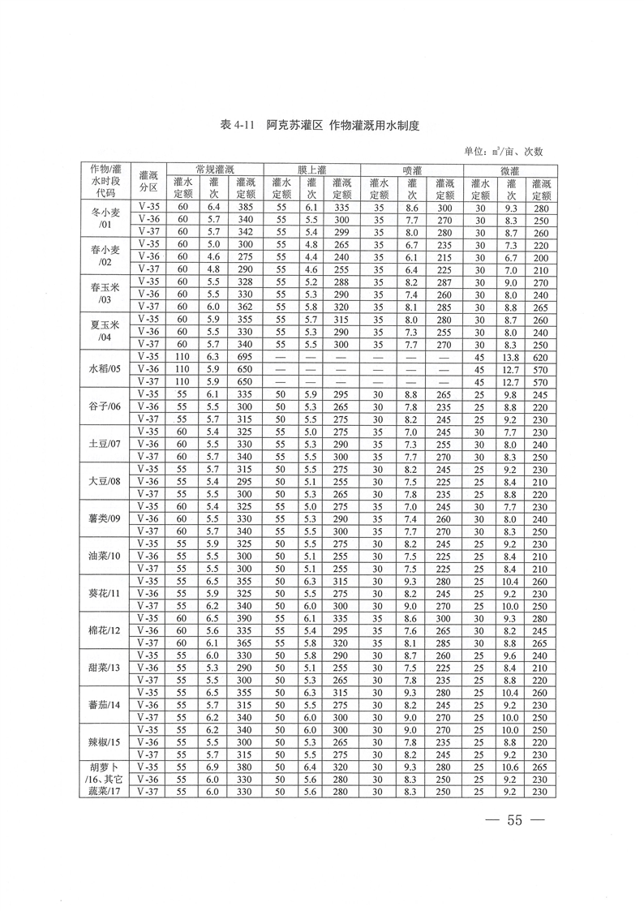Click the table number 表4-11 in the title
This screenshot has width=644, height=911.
(x=238, y=127)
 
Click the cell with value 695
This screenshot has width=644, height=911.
(x=245, y=357)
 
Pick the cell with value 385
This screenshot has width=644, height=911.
(x=245, y=208)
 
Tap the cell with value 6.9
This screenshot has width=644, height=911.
(x=214, y=767)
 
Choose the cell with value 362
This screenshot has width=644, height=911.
(x=245, y=307)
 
